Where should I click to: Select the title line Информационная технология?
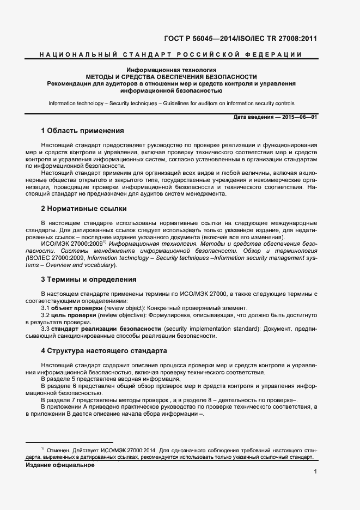pyautogui.click(x=172, y=70)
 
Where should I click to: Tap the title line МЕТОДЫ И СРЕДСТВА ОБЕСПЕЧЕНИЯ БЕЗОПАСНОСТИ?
pyautogui.click(x=172, y=77)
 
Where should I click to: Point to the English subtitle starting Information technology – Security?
pyautogui.click(x=171, y=103)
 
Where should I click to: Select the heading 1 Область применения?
pyautogui.click(x=83, y=131)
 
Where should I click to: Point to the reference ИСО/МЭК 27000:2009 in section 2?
pyautogui.click(x=72, y=244)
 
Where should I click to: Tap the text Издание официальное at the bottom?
pyautogui.click(x=60, y=465)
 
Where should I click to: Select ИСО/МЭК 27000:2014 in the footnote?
pyautogui.click(x=127, y=451)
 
